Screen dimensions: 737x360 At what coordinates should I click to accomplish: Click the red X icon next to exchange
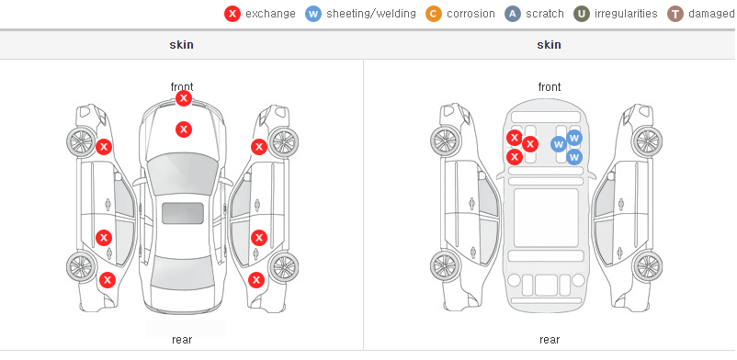click(x=232, y=14)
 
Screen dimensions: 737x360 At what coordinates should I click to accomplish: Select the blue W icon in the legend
click(x=313, y=14)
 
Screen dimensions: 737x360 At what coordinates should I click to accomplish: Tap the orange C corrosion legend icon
click(x=434, y=14)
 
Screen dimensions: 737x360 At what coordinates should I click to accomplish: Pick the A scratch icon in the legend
click(x=513, y=14)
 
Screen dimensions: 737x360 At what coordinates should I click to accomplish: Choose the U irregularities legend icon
click(x=582, y=14)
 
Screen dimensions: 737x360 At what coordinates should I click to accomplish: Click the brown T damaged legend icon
click(x=675, y=14)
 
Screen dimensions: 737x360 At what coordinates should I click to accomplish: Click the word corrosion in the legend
click(x=471, y=14)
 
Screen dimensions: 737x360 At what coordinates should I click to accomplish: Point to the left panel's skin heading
click(x=181, y=45)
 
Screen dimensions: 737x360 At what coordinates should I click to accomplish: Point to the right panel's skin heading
click(x=549, y=45)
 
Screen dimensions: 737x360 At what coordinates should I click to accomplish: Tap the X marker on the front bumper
click(x=184, y=98)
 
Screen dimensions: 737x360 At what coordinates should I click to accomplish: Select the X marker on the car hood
click(x=184, y=129)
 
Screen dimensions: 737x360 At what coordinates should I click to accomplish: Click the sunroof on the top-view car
click(x=183, y=213)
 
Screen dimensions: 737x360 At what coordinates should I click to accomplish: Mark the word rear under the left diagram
click(x=182, y=340)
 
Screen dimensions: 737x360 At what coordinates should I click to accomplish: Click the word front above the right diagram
click(x=550, y=87)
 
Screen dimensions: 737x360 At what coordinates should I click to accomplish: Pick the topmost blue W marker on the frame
click(x=574, y=138)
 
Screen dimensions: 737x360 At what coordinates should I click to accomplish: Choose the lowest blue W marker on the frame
click(x=574, y=156)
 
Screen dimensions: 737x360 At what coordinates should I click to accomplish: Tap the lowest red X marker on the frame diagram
click(x=515, y=156)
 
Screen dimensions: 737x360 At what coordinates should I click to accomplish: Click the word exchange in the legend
click(x=270, y=14)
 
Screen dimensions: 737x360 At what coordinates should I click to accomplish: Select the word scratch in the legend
click(x=545, y=14)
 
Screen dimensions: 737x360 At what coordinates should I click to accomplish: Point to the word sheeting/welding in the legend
click(x=371, y=14)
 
